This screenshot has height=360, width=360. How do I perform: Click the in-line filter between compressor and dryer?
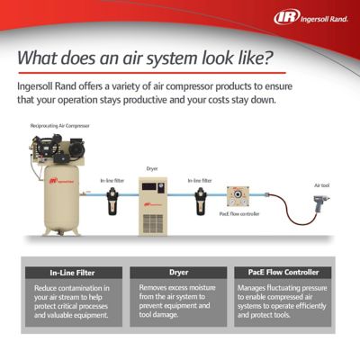click(x=112, y=201)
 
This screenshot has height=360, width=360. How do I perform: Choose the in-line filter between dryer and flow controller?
click(x=201, y=201)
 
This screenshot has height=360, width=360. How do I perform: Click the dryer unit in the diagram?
click(x=152, y=204)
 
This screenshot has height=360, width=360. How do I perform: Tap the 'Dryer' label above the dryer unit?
click(x=152, y=168)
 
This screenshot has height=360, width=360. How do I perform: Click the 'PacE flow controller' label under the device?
click(x=240, y=214)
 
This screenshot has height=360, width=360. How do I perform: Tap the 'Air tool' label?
click(x=322, y=184)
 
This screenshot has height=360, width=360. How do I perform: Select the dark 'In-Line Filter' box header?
click(x=72, y=272)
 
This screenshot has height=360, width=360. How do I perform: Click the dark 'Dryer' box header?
click(x=178, y=272)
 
